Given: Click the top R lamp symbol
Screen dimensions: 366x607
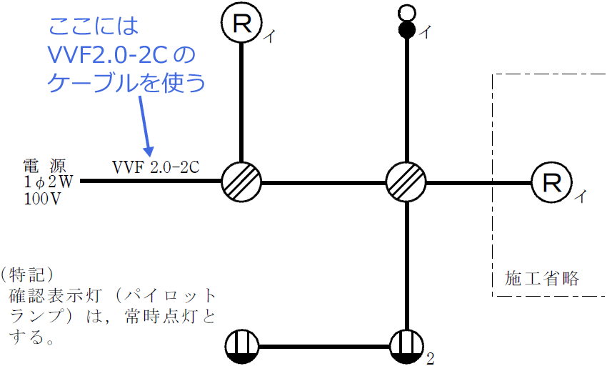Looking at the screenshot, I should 242,24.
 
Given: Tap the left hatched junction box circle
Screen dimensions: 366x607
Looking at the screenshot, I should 241,182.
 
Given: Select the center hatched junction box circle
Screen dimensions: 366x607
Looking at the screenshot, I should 406,182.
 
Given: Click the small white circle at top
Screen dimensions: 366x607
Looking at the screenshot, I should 406,12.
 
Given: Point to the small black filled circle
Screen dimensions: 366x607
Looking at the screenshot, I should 406,30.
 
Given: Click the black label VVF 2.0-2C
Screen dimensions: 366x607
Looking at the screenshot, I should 155,167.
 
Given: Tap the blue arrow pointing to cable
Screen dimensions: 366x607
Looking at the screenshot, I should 145,125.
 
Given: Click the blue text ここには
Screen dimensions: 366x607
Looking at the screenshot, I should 94,26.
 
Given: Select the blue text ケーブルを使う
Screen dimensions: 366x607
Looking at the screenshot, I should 126,83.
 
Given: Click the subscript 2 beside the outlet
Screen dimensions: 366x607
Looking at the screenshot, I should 430,358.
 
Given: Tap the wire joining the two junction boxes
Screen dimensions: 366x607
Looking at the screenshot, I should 323,182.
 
